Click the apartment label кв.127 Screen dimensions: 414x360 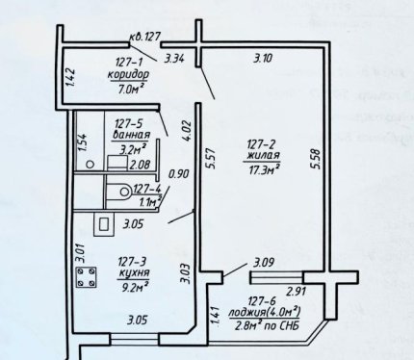(144, 37)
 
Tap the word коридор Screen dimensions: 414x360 (128, 75)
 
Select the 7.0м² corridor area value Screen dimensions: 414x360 (131, 89)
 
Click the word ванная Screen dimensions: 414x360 (131, 135)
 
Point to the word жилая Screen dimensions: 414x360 (263, 155)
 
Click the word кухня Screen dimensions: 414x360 (134, 272)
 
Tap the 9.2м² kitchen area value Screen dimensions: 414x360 (134, 285)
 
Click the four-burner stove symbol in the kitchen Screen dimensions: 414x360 (86, 277)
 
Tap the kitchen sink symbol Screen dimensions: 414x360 (104, 224)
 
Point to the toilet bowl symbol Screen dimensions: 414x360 (118, 192)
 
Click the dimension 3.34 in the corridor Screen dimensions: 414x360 (174, 59)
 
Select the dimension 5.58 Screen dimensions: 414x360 (317, 159)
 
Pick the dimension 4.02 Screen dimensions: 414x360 (187, 130)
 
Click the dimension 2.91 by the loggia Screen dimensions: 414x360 (297, 292)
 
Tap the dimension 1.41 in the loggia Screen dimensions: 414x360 (215, 317)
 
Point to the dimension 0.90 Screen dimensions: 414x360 (179, 174)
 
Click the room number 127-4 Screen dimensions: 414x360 (146, 189)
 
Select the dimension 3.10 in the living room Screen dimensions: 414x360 (263, 59)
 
